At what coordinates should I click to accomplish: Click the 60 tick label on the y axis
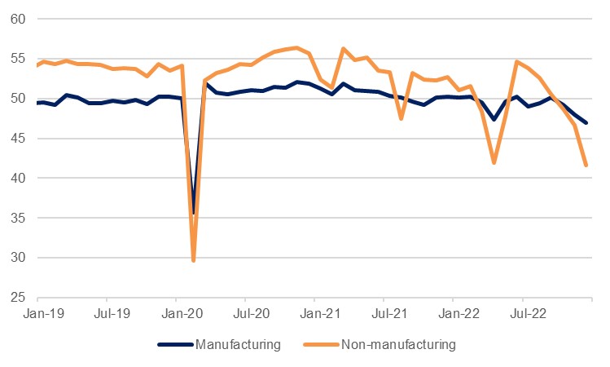pyautogui.click(x=15, y=19)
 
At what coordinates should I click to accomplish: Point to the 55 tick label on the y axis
pyautogui.click(x=15, y=59)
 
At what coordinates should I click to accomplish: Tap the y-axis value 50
pyautogui.click(x=15, y=99)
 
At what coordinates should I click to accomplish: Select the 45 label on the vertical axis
pyautogui.click(x=15, y=139)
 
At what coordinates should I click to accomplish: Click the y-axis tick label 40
pyautogui.click(x=15, y=179)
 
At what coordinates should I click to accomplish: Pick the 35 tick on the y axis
pyautogui.click(x=15, y=218)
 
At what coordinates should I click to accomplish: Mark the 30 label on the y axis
pyautogui.click(x=15, y=258)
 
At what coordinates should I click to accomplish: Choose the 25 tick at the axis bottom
pyautogui.click(x=15, y=298)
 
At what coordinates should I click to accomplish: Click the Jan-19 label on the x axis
pyautogui.click(x=38, y=312)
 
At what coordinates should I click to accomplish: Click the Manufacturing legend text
pyautogui.click(x=238, y=345)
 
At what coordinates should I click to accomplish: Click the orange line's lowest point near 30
pyautogui.click(x=193, y=260)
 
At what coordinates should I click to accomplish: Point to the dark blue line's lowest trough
pyautogui.click(x=193, y=213)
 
